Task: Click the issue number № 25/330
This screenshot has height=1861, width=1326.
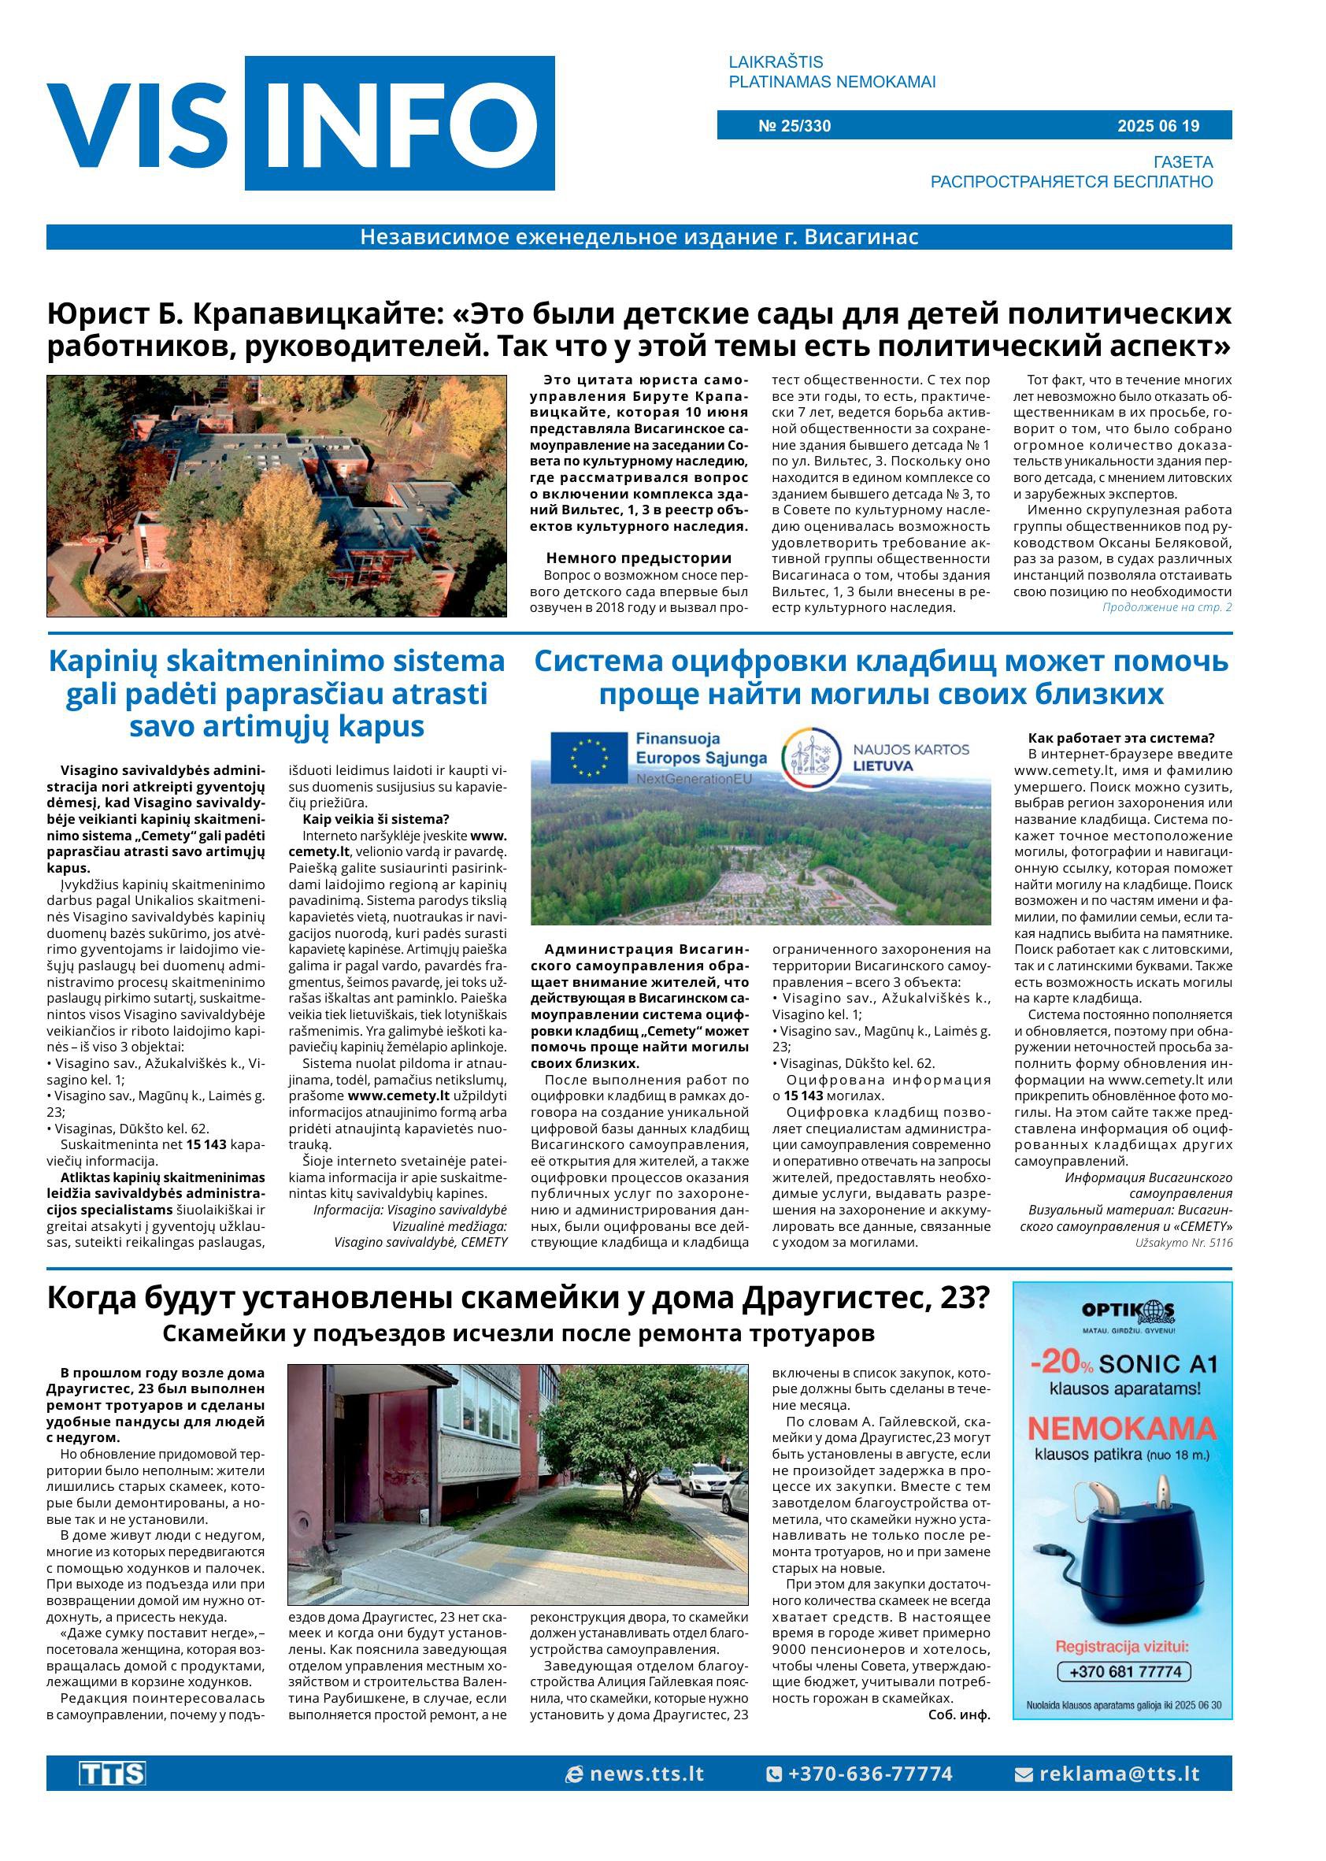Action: [794, 126]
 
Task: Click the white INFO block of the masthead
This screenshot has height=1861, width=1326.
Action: [399, 124]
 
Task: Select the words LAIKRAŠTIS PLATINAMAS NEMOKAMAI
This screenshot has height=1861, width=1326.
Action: [832, 72]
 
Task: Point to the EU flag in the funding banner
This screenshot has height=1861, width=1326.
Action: [588, 756]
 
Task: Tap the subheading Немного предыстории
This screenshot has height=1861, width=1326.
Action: [638, 558]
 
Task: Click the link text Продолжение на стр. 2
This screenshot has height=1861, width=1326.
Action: [1166, 607]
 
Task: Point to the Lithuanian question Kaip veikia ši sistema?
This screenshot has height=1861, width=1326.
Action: [376, 819]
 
